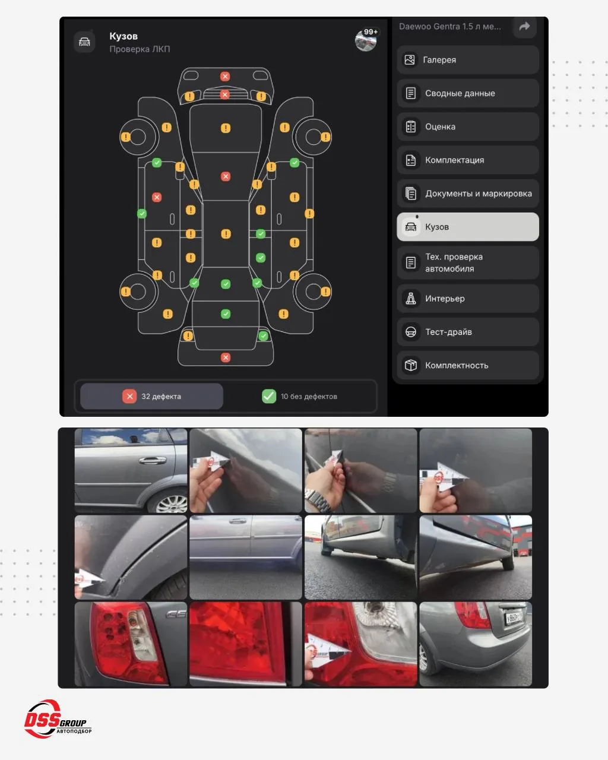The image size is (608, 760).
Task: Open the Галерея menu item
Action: click(468, 60)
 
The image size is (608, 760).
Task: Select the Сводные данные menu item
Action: click(468, 93)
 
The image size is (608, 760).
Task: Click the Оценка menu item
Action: click(468, 126)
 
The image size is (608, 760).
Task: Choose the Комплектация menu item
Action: click(468, 160)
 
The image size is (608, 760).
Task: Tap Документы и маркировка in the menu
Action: click(468, 193)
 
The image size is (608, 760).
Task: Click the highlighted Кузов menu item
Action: click(468, 227)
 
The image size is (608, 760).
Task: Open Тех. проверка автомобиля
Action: click(468, 263)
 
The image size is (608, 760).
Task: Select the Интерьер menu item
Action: click(468, 299)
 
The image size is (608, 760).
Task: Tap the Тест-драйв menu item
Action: click(468, 332)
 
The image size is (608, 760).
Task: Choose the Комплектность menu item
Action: click(468, 365)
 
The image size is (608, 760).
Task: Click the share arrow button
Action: click(525, 26)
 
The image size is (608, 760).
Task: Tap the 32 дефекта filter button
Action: click(151, 396)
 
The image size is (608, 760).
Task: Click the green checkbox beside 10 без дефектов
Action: click(269, 396)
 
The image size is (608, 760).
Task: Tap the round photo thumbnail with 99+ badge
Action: click(366, 40)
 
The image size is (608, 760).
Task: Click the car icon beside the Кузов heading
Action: click(84, 42)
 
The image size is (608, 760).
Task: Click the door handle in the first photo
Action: click(153, 460)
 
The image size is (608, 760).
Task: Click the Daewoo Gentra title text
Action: click(449, 27)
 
